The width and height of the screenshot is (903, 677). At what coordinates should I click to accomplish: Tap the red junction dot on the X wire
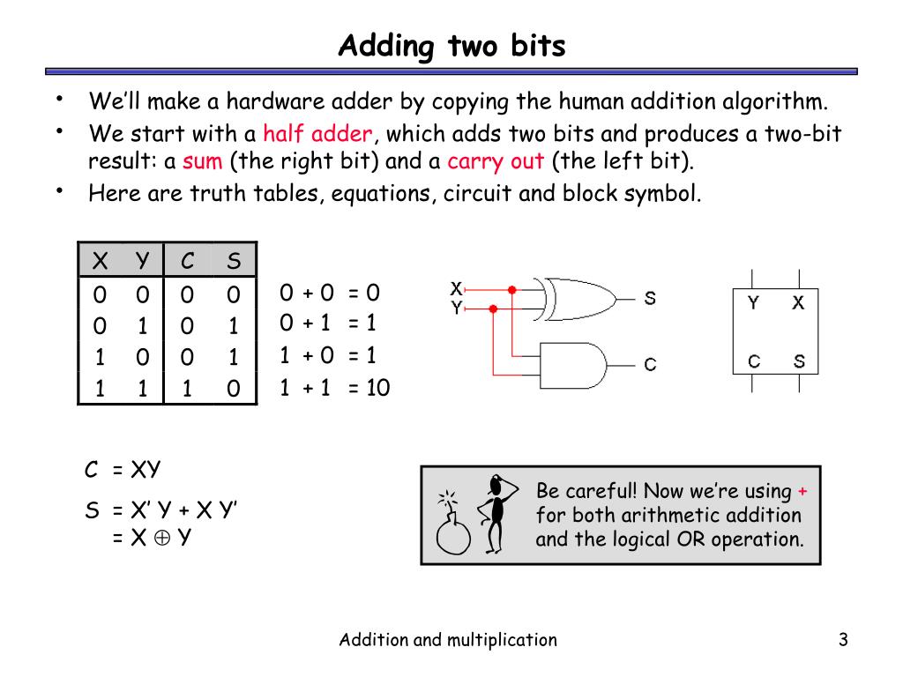(512, 289)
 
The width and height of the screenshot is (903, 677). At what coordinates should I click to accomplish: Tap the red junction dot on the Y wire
(493, 309)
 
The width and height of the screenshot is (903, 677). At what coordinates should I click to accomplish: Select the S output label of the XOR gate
(650, 298)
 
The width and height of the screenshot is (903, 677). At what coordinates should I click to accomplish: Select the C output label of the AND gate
(650, 364)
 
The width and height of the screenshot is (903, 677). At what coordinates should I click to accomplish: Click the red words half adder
(317, 134)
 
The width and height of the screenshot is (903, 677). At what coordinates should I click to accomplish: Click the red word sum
(202, 161)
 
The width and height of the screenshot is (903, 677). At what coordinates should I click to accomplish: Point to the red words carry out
(496, 162)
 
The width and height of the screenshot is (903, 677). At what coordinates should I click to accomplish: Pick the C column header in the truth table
(187, 261)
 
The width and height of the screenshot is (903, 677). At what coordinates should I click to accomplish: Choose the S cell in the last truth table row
(233, 389)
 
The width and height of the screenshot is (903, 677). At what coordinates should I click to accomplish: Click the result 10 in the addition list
(377, 388)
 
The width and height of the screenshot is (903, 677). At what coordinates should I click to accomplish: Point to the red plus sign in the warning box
(802, 492)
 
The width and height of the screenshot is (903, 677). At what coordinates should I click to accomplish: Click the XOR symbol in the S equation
(162, 538)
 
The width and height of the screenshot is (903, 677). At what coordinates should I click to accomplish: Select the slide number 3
(843, 640)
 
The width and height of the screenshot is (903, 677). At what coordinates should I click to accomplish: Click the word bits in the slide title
(538, 46)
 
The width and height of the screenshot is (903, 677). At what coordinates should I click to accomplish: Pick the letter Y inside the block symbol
(753, 303)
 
